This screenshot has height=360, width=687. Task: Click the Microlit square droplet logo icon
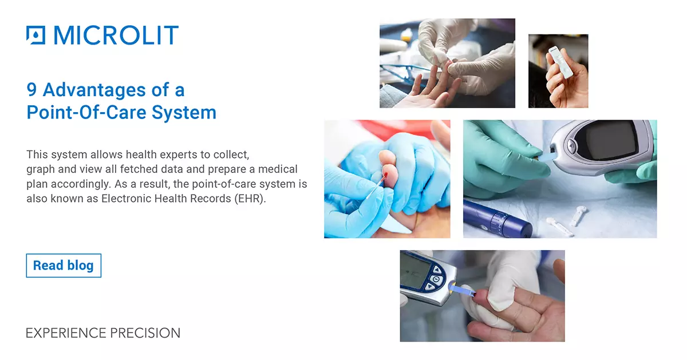pyautogui.click(x=35, y=35)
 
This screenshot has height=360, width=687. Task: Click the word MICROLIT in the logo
pyautogui.click(x=116, y=35)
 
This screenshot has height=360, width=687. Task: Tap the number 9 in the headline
pyautogui.click(x=31, y=89)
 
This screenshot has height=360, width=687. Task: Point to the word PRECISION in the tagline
pyautogui.click(x=145, y=333)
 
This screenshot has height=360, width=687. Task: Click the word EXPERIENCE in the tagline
pyautogui.click(x=66, y=333)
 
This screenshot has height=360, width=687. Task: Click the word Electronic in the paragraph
pyautogui.click(x=126, y=199)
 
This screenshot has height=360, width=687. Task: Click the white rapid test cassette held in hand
pyautogui.click(x=560, y=62)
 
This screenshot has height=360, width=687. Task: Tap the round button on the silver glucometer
pyautogui.click(x=571, y=145)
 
